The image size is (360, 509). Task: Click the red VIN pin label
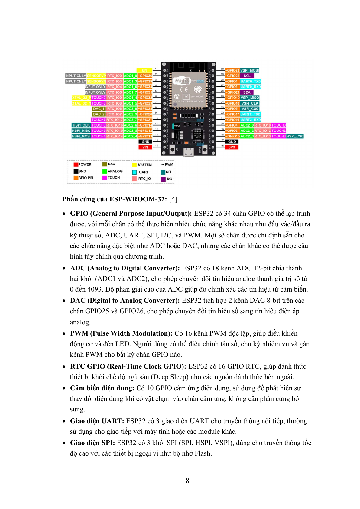pyautogui.click(x=145, y=147)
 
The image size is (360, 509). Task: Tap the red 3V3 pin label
pyautogui.click(x=232, y=147)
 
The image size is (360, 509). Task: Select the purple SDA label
pyautogui.click(x=247, y=92)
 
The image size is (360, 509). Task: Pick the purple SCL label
pyautogui.click(x=247, y=76)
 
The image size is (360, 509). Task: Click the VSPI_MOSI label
pyautogui.click(x=250, y=70)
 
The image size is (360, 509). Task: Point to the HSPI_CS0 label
pyautogui.click(x=295, y=136)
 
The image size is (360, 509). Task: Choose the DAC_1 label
pyautogui.click(x=99, y=109)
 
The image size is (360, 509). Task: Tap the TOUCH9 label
pyautogui.click(x=99, y=98)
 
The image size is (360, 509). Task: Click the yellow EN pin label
pyautogui.click(x=144, y=70)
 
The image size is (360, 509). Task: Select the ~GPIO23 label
pyautogui.click(x=233, y=70)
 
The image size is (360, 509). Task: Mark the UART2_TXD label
pyautogui.click(x=251, y=114)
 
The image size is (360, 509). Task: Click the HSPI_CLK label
pyautogui.click(x=81, y=125)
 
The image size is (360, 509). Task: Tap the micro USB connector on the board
pyautogui.click(x=188, y=153)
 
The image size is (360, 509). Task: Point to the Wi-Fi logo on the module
pyautogui.click(x=181, y=81)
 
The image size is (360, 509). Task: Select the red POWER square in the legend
pyautogui.click(x=76, y=165)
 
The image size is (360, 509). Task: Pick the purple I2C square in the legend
pyautogui.click(x=163, y=179)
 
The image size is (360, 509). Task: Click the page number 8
pyautogui.click(x=187, y=481)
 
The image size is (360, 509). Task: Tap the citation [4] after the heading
pyautogui.click(x=173, y=199)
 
